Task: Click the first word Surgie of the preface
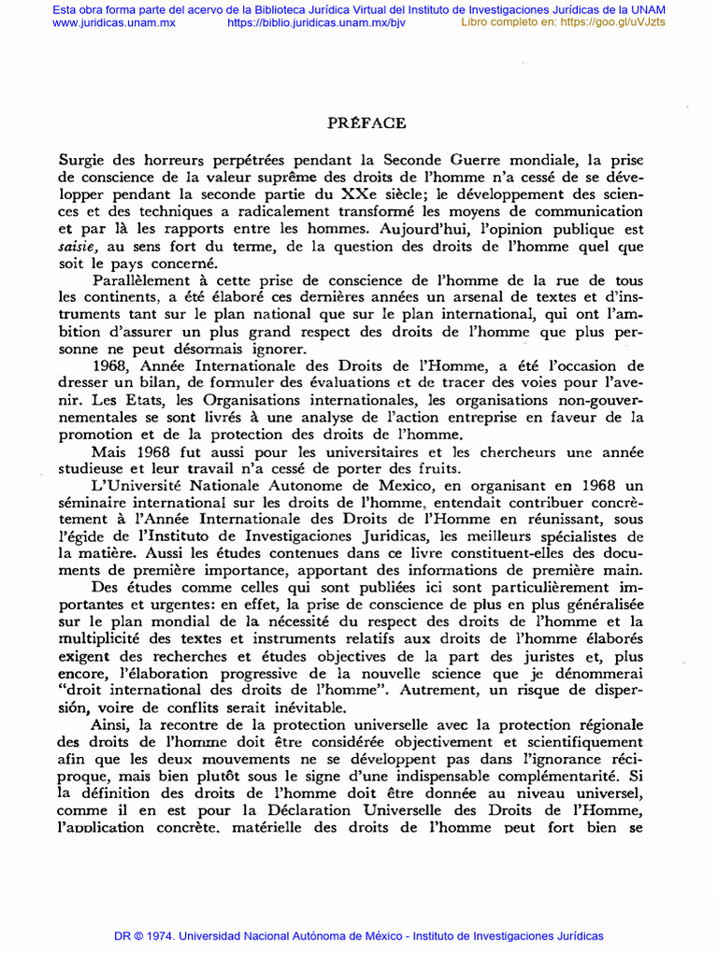[82, 161]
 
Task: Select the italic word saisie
[79, 248]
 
